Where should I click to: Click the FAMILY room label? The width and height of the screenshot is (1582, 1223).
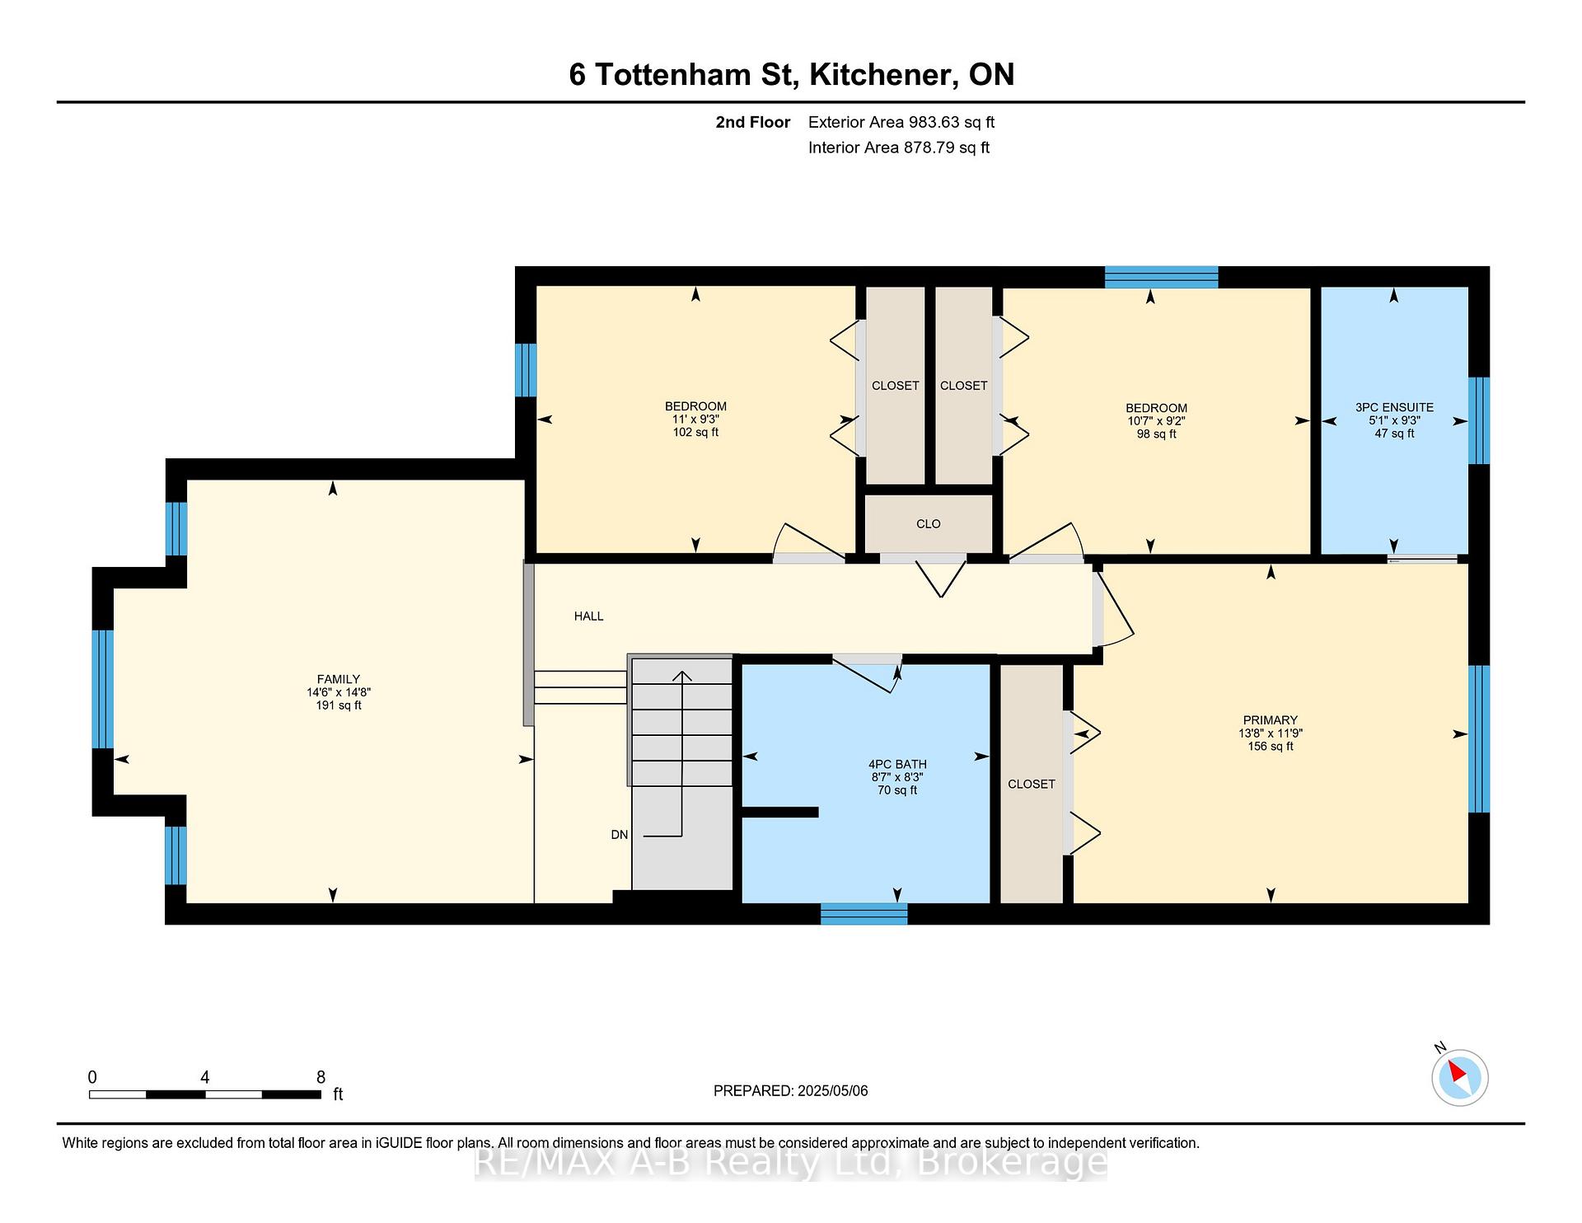click(x=338, y=679)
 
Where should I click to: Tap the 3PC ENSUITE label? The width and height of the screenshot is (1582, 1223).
click(x=1394, y=407)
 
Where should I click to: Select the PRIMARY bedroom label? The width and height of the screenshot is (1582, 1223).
click(x=1270, y=720)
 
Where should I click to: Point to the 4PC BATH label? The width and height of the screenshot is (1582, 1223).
click(x=897, y=765)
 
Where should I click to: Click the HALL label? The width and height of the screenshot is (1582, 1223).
click(x=588, y=616)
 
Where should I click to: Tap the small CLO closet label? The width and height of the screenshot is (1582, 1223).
click(x=928, y=524)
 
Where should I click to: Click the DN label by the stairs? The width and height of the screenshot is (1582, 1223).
click(x=620, y=835)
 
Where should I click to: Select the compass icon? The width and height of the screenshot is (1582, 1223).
click(x=1459, y=1077)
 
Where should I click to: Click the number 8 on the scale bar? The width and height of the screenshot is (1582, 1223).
click(x=321, y=1077)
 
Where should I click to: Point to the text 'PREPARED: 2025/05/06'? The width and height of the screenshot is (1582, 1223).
click(x=790, y=1091)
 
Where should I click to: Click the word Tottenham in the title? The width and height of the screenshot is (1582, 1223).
click(x=694, y=74)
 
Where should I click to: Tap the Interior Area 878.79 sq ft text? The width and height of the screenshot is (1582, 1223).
click(x=899, y=148)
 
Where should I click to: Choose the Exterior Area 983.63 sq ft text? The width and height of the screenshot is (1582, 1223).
click(x=901, y=122)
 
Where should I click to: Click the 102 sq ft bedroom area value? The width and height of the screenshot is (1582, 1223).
click(x=695, y=433)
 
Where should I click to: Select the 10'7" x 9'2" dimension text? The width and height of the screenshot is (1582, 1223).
click(x=1156, y=421)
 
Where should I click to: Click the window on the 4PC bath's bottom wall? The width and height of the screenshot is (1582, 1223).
click(x=864, y=914)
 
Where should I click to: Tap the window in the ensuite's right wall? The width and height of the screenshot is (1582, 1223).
click(x=1479, y=421)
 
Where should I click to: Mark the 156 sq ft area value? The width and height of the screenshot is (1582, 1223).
click(x=1270, y=747)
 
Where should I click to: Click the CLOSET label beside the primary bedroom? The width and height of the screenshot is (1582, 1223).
click(x=1031, y=785)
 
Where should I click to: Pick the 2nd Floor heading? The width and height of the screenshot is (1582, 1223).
click(x=752, y=122)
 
